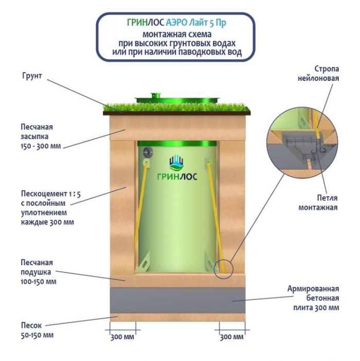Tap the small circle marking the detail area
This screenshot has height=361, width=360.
coord(223,267)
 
